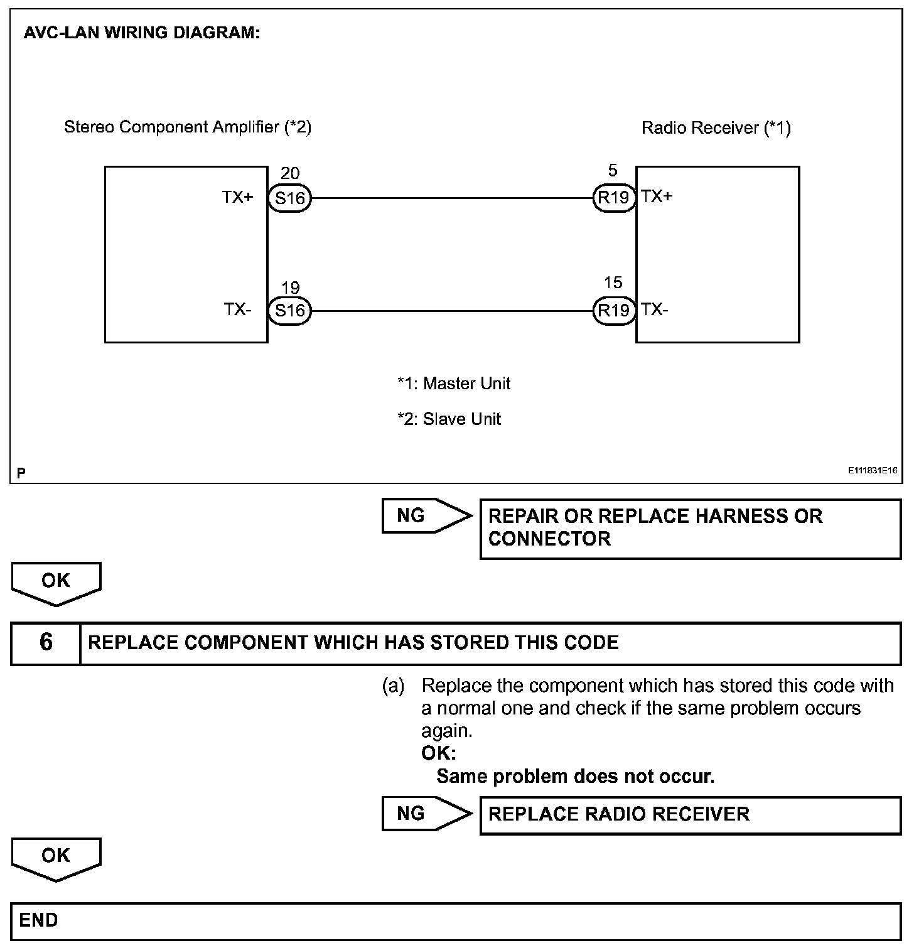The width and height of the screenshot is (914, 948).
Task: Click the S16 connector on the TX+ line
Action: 289,198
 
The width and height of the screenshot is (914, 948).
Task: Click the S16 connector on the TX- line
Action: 289,311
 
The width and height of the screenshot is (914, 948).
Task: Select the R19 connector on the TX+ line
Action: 613,198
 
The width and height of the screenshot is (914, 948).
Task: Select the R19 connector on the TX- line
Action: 613,310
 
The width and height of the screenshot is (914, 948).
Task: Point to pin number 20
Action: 290,173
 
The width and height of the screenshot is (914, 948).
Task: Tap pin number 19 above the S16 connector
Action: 290,288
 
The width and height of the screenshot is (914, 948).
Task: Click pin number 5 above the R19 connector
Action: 613,171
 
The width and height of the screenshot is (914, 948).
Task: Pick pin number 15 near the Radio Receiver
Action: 613,283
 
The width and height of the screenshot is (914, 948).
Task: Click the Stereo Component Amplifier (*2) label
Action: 188,127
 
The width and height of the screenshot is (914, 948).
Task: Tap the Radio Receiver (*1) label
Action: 716,128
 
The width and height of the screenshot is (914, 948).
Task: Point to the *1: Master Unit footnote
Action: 454,384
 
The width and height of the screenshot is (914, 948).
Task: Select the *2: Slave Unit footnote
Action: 449,419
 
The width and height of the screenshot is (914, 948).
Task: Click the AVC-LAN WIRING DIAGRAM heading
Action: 142,33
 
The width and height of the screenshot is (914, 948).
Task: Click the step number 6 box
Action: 46,643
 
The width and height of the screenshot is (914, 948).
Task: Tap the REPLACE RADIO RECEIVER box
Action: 690,815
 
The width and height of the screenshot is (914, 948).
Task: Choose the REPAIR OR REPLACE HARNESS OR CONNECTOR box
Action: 690,528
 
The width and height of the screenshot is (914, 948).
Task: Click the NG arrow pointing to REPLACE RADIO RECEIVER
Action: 426,814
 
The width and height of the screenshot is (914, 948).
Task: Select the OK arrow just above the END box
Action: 56,858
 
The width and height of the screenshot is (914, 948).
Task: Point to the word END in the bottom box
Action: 38,920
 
